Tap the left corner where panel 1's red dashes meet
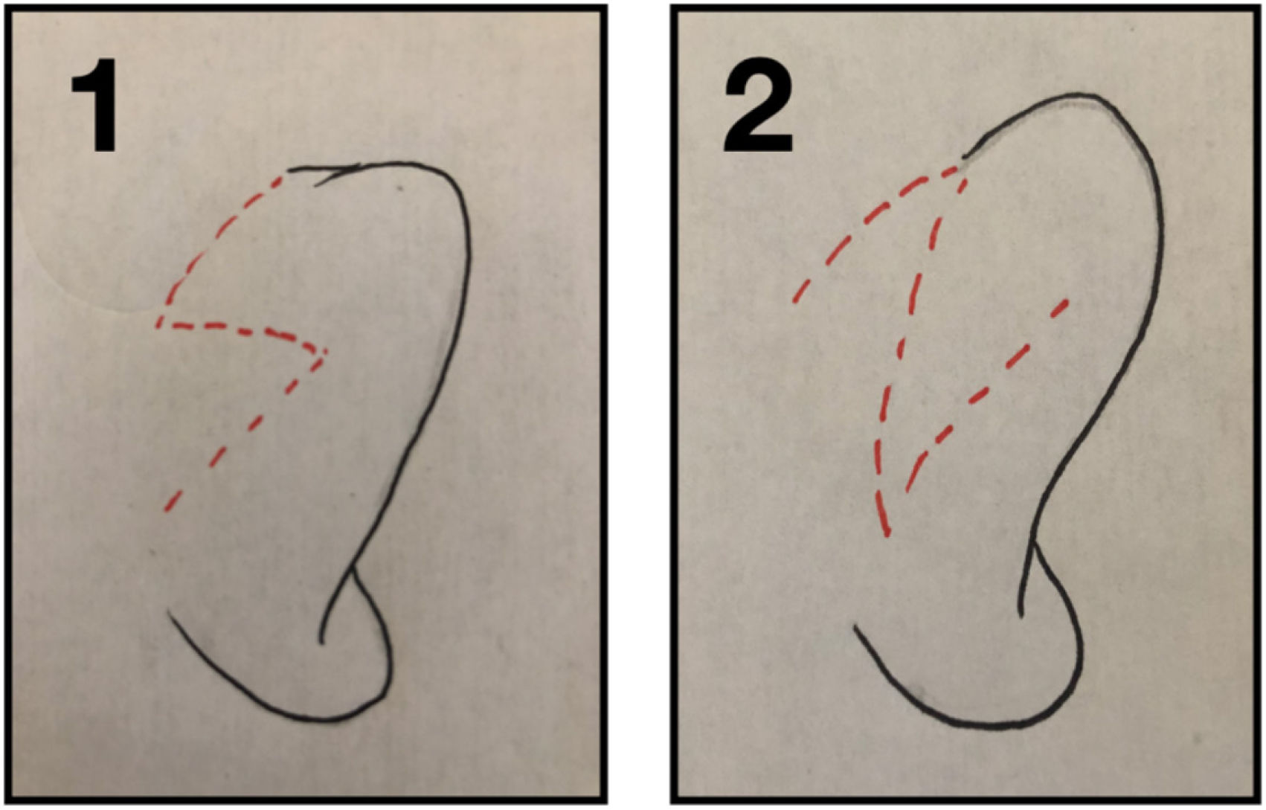click(159, 324)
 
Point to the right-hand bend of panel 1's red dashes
click(324, 353)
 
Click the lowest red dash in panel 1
click(173, 501)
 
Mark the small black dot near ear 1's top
click(400, 187)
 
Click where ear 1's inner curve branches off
click(353, 567)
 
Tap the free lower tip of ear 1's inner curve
click(321, 642)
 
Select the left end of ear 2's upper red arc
click(794, 301)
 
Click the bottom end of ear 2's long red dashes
click(888, 535)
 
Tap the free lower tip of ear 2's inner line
click(1020, 615)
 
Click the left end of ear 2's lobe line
click(855, 626)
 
